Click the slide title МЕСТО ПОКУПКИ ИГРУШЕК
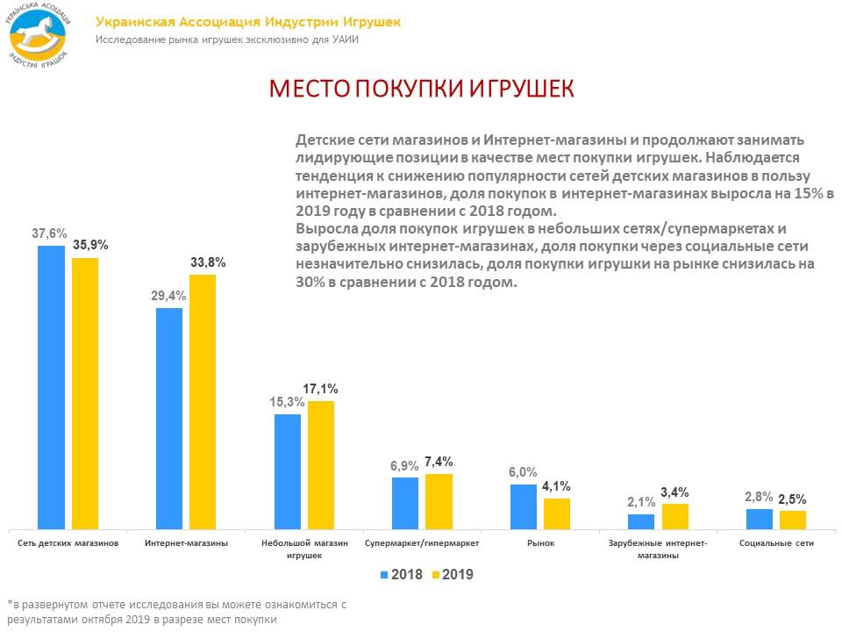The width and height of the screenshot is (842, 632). (421, 90)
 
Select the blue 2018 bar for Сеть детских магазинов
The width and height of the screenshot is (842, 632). (52, 386)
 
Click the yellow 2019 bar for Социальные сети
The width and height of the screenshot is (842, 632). (793, 520)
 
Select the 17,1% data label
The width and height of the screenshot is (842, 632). (320, 388)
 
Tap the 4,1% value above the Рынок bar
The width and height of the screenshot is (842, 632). (556, 485)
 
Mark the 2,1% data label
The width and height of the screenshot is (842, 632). (642, 502)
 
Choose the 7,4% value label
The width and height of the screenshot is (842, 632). (438, 462)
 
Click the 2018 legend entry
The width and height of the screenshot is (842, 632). (402, 575)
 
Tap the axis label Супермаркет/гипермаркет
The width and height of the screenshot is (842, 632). (421, 543)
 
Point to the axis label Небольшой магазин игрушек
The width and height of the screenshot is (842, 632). (304, 549)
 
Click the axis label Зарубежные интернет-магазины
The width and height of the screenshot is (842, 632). (657, 549)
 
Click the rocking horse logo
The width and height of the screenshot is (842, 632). (39, 35)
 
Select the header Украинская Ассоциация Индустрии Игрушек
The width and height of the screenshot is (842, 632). (247, 22)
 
